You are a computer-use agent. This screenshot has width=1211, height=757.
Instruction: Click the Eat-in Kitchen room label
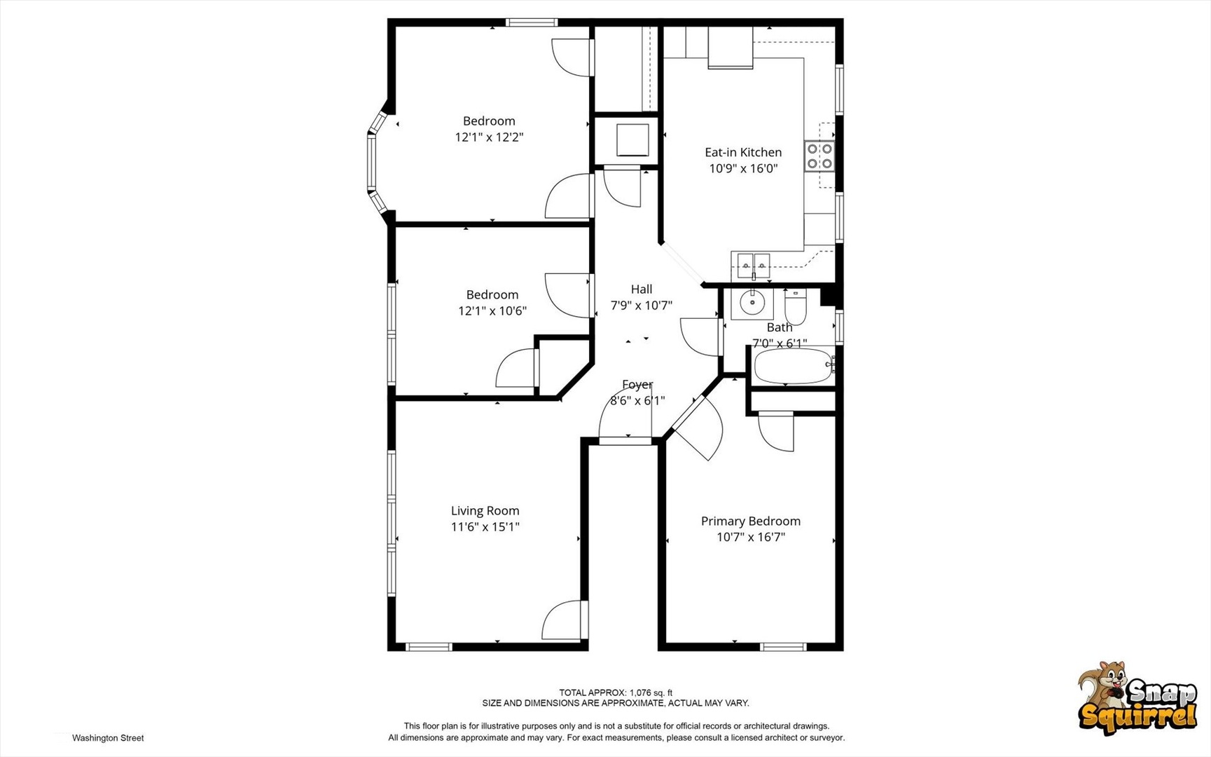pos(743,152)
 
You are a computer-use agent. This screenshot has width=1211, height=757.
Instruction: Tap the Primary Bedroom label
pos(750,521)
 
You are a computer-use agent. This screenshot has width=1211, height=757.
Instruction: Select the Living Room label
pos(485,511)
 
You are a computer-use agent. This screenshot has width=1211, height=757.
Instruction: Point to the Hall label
pos(641,289)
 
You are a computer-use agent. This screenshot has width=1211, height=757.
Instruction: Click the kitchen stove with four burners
pos(819,156)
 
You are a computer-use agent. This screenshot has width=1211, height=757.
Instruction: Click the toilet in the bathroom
pos(795,305)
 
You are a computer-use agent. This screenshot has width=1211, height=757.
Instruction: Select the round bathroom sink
pos(752,304)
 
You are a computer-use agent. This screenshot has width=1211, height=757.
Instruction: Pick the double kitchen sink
pos(753,266)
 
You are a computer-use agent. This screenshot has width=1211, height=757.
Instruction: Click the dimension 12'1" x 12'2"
pos(489,137)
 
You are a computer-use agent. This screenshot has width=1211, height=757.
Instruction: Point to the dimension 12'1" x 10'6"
pos(492,311)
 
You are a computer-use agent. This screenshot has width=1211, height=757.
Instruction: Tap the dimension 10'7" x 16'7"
pos(750,538)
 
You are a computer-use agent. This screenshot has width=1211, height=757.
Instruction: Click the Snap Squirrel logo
pos(1137,698)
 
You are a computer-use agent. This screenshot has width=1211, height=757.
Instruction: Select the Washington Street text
pos(108,738)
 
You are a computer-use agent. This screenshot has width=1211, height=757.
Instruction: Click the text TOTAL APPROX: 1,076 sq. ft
pos(615,693)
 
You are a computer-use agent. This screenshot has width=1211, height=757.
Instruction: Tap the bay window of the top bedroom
pos(378,163)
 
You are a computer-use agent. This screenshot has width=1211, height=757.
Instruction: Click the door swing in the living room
pos(562,620)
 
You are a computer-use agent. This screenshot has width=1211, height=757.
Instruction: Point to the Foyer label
pos(637,385)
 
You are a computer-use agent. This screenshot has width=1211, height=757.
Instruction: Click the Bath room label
pos(780,327)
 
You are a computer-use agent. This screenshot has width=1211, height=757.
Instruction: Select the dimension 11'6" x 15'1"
pos(485,527)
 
